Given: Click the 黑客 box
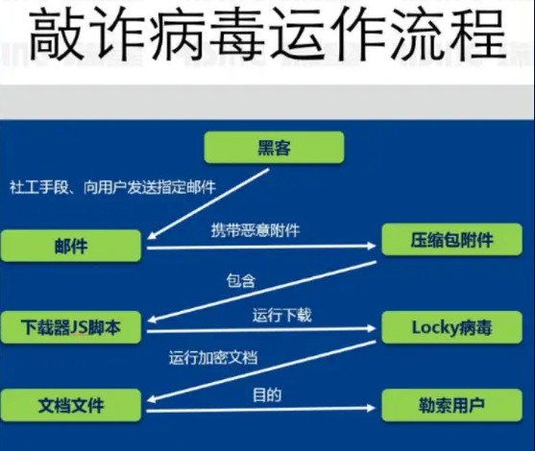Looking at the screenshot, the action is (x=274, y=147).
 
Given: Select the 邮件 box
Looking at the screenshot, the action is (x=71, y=246).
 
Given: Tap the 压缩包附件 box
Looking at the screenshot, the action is (x=451, y=240).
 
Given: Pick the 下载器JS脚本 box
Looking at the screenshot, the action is (x=71, y=327).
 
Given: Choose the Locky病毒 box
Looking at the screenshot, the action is (x=451, y=327).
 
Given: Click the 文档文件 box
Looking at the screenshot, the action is (x=71, y=405).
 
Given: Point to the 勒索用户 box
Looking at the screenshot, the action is (x=451, y=405).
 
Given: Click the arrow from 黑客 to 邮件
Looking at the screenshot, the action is (x=208, y=203).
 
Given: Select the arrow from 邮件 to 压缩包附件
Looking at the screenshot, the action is (x=261, y=247).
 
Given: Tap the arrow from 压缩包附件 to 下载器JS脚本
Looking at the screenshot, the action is (x=261, y=292).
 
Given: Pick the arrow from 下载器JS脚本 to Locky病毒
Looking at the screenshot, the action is (x=261, y=330).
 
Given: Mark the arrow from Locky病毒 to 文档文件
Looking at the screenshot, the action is (x=261, y=371).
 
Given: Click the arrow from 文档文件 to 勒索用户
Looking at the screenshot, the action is (x=261, y=409).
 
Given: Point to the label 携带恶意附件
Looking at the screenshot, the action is (x=255, y=230).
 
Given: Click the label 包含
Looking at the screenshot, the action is (x=241, y=280).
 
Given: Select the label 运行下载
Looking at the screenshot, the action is (x=281, y=315).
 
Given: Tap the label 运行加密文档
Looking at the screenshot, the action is (x=213, y=358).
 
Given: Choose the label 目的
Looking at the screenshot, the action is (x=267, y=394).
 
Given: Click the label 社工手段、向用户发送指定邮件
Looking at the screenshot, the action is (x=112, y=187).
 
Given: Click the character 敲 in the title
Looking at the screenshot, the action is (x=57, y=35).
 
